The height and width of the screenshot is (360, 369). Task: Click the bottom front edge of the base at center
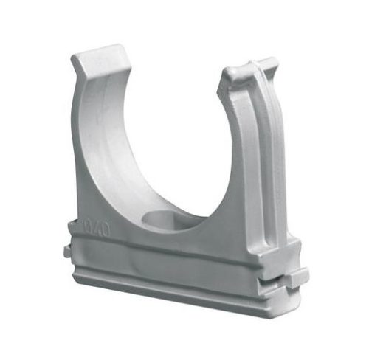pyautogui.click(x=177, y=299)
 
